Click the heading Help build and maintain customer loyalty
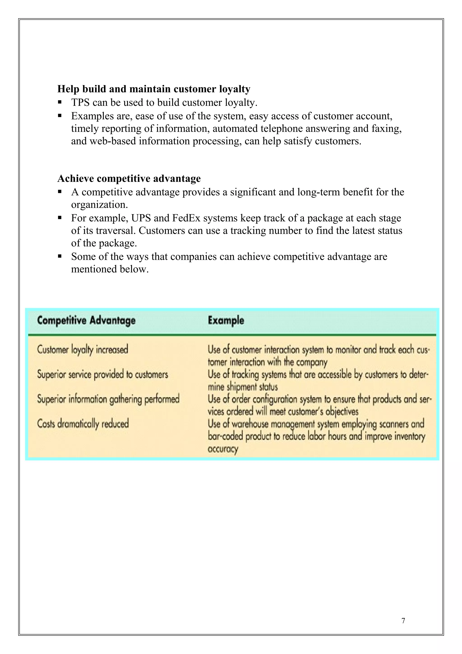[154, 89]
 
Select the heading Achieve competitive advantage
[129, 179]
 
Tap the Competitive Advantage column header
[86, 320]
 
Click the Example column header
[226, 320]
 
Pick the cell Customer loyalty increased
[83, 350]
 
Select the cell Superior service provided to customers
[102, 374]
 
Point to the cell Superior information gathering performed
[108, 399]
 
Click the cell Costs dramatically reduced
[83, 424]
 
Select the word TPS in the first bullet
[80, 102]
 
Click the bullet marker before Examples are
[60, 116]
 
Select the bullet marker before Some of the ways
[60, 256]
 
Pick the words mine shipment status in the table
[243, 387]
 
